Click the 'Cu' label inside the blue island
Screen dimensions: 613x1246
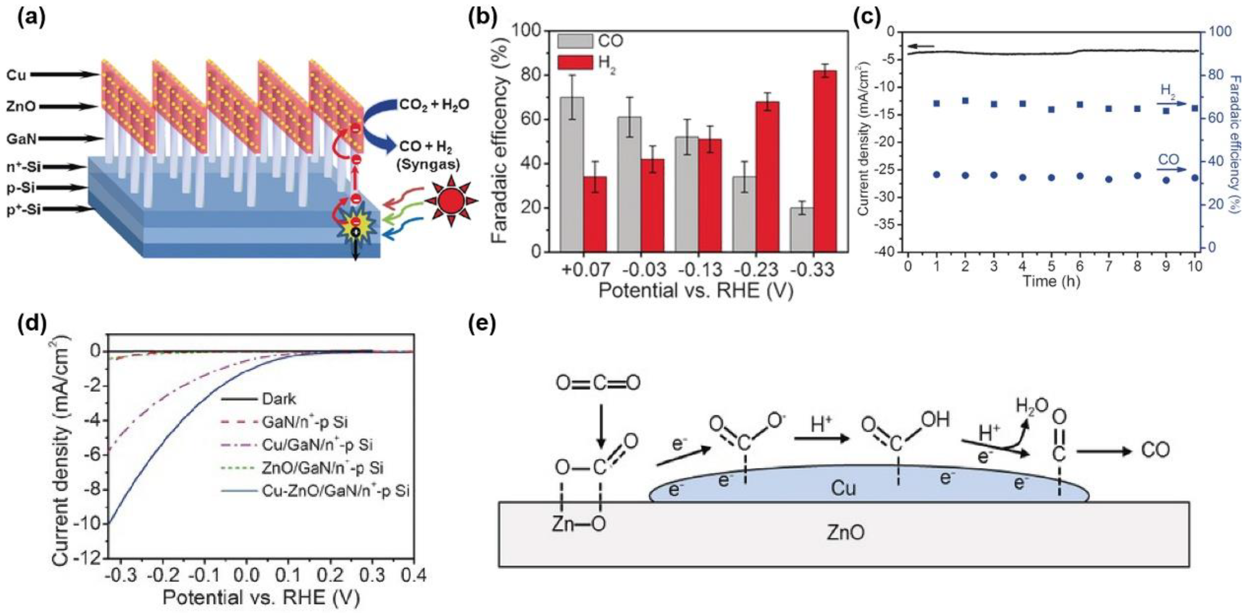tap(843, 489)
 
